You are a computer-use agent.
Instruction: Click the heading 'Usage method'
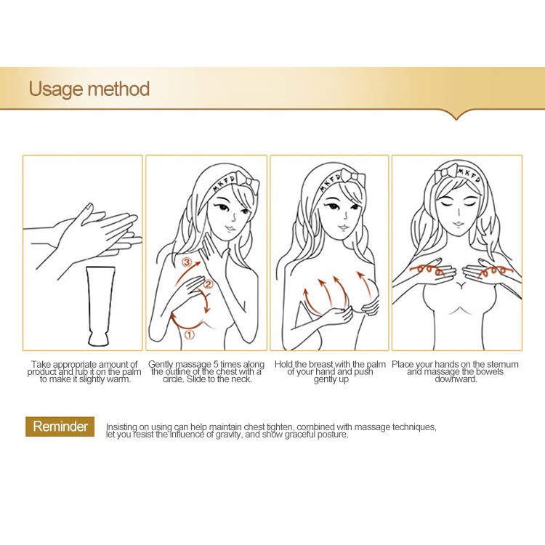point(89,89)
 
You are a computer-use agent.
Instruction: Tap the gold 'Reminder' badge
point(60,426)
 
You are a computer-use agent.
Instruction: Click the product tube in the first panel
point(101,306)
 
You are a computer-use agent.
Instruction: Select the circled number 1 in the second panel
point(189,335)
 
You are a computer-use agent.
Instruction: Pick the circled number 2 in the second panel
point(208,284)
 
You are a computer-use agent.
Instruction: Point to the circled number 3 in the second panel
point(187,262)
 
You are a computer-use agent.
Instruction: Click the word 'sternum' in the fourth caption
point(502,364)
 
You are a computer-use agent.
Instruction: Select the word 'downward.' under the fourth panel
point(456,379)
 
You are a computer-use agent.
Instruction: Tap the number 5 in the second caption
point(216,364)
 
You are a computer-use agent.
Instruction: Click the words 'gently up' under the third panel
point(331,379)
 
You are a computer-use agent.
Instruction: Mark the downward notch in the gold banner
point(456,115)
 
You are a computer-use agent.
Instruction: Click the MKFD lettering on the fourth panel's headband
point(469,174)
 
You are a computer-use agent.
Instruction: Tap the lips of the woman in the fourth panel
point(457,223)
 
